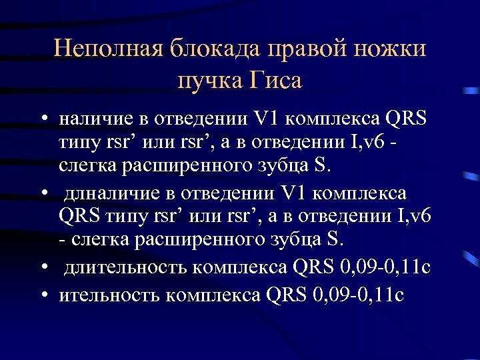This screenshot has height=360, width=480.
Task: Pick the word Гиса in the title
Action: pyautogui.click(x=276, y=81)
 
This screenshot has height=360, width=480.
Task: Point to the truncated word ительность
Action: pyautogui.click(x=111, y=293)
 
